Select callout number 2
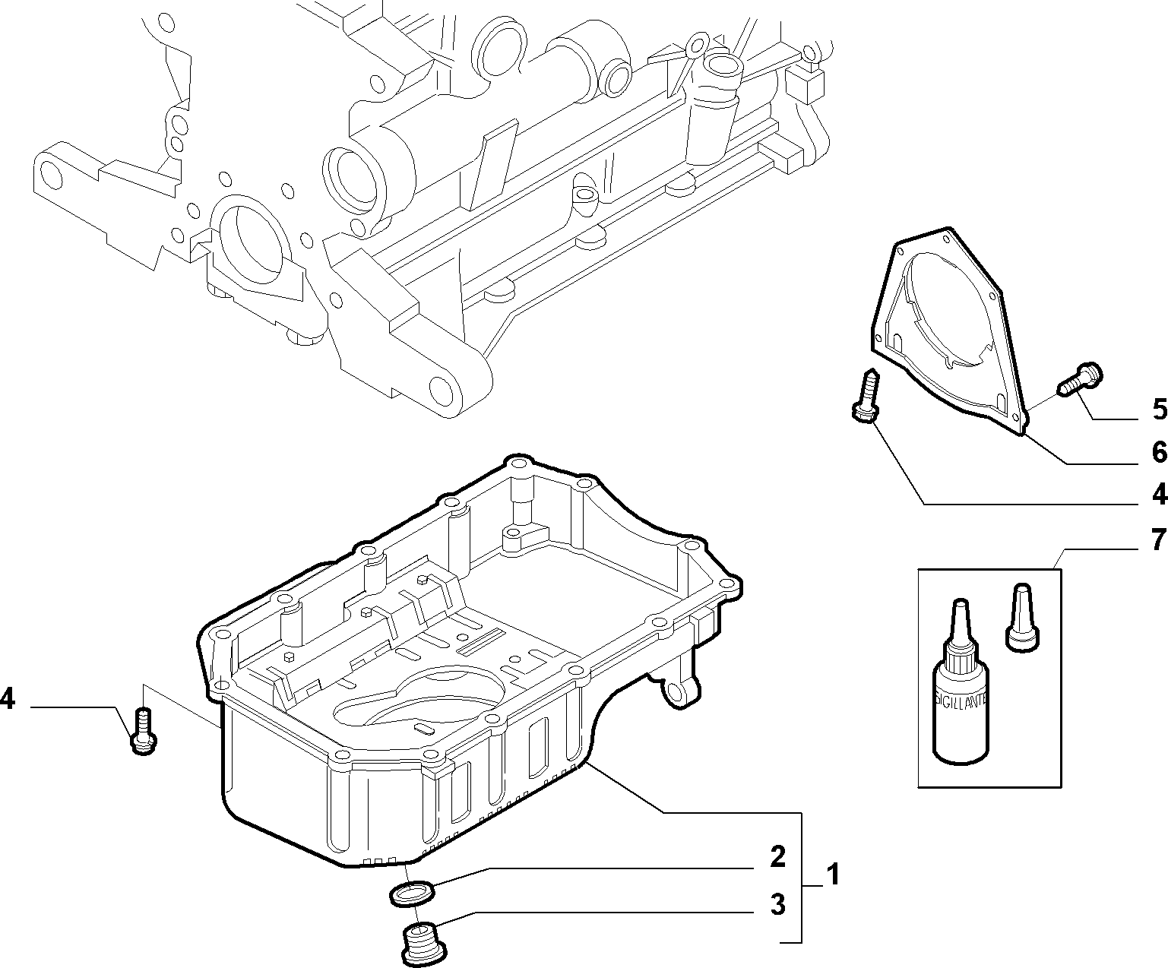pyautogui.click(x=777, y=857)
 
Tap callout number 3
pyautogui.click(x=777, y=905)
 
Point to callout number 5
pyautogui.click(x=1160, y=410)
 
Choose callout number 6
pyautogui.click(x=1160, y=452)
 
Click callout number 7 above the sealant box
pyautogui.click(x=1160, y=540)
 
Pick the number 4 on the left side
pyautogui.click(x=8, y=700)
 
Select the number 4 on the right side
pyautogui.click(x=1160, y=495)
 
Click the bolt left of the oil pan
pyautogui.click(x=144, y=731)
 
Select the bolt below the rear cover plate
pyautogui.click(x=866, y=395)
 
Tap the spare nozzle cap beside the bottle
pyautogui.click(x=1023, y=618)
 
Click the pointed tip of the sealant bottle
pyautogui.click(x=959, y=603)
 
